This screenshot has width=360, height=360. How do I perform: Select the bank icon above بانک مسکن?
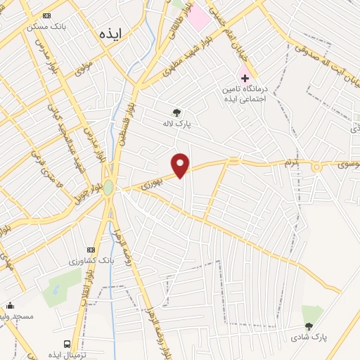point(47,15)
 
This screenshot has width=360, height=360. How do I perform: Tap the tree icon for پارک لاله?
point(176,112)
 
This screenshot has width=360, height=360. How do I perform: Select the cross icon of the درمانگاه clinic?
point(245,77)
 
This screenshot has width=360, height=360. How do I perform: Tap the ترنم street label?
point(291,165)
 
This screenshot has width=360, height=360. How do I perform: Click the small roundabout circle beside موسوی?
point(316,167)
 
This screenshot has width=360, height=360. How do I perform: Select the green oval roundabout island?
point(108,188)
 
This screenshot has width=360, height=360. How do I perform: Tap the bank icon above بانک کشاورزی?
point(90,250)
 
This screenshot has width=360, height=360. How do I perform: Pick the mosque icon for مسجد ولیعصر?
point(10,305)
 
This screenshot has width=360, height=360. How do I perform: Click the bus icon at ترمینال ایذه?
point(67,344)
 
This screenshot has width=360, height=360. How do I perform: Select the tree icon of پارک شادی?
point(309,326)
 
